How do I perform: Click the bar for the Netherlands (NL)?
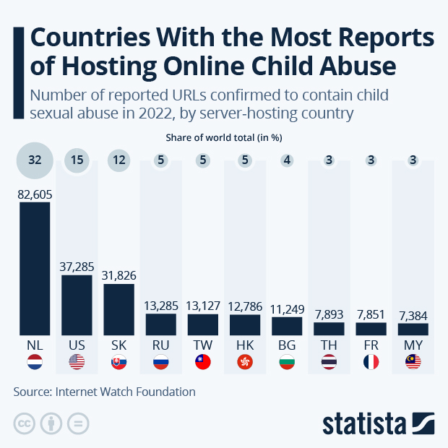(35, 268)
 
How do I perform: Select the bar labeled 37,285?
(77, 305)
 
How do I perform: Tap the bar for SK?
(119, 309)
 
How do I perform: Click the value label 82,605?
(35, 194)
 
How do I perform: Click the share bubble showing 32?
(35, 160)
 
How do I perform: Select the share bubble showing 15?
(77, 160)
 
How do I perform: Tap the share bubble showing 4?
(287, 160)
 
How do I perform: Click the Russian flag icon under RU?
(160, 363)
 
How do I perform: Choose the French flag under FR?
(371, 363)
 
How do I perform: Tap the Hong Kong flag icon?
(245, 363)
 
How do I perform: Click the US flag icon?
(77, 363)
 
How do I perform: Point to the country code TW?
(202, 345)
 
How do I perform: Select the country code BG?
(287, 345)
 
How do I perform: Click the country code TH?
(329, 345)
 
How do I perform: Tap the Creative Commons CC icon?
(25, 423)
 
